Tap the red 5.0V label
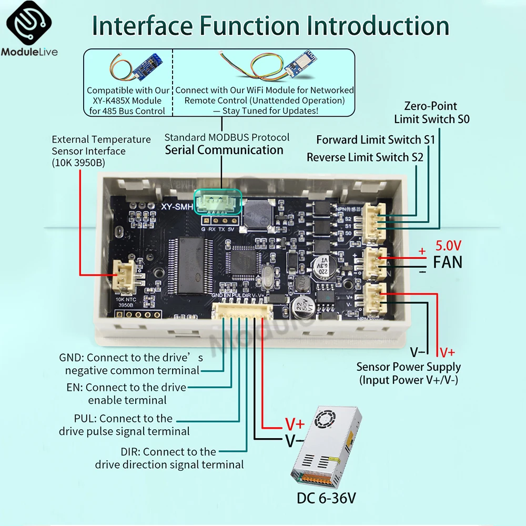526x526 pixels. click(448, 246)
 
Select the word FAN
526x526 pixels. click(448, 261)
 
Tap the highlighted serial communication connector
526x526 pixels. click(218, 202)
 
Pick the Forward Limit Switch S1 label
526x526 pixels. click(376, 140)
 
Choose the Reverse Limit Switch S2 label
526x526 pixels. click(365, 157)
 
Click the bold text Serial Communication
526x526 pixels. click(224, 150)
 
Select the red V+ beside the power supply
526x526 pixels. click(295, 424)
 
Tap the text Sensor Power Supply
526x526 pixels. click(408, 367)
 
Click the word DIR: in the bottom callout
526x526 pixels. click(130, 451)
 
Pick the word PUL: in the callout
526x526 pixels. click(85, 418)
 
